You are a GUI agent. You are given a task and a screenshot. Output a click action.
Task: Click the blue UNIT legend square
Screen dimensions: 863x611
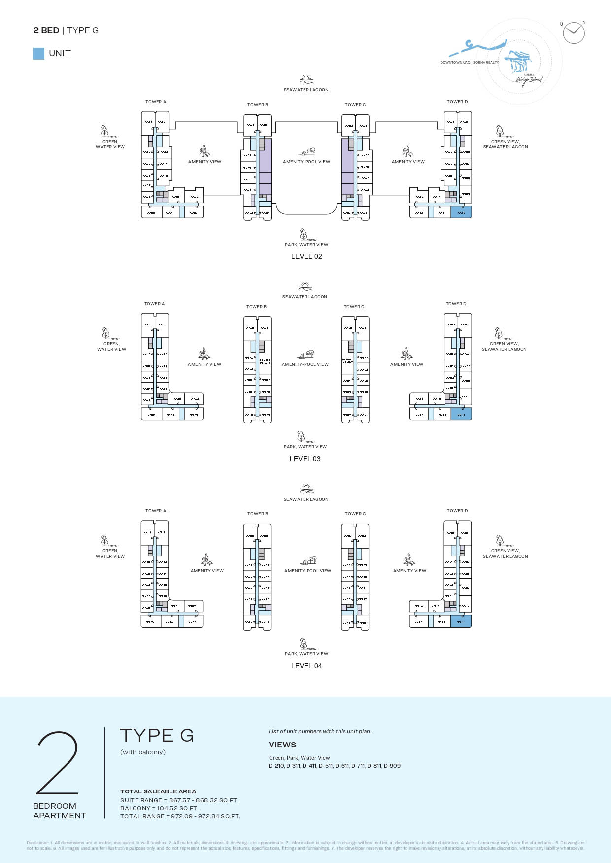(x=38, y=54)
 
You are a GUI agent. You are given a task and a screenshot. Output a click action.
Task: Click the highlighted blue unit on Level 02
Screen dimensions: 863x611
(x=461, y=212)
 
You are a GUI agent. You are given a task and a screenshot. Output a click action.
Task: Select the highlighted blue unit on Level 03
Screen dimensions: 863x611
(x=461, y=414)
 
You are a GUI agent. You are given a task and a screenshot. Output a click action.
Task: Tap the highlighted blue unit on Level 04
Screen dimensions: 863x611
(x=461, y=621)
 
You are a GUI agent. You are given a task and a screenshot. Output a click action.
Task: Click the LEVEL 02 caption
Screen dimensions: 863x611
(x=306, y=256)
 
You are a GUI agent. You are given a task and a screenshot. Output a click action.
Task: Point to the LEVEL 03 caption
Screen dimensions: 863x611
(x=305, y=459)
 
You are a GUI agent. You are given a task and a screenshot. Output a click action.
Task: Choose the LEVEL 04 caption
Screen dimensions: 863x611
(x=306, y=666)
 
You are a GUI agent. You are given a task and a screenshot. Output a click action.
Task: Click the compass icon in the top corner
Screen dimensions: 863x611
(x=574, y=33)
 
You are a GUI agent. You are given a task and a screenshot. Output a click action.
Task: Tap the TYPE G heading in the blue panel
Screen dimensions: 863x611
(x=157, y=735)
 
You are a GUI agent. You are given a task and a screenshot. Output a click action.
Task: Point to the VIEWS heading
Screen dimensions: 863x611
(x=282, y=745)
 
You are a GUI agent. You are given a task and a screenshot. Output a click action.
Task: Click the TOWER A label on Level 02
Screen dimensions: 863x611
(x=156, y=102)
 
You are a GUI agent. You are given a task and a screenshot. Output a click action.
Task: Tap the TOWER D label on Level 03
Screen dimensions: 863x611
(x=456, y=304)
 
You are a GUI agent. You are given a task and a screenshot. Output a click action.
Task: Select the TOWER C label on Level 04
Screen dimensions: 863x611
(x=355, y=514)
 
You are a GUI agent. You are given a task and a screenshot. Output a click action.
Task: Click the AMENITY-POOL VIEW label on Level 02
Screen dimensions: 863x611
(x=306, y=162)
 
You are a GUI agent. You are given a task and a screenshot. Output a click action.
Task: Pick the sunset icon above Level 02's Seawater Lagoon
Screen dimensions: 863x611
(x=306, y=79)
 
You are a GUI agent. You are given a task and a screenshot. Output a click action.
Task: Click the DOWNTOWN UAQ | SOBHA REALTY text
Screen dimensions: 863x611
(x=470, y=63)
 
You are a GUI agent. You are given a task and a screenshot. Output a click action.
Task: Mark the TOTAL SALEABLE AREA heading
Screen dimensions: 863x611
(x=158, y=791)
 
